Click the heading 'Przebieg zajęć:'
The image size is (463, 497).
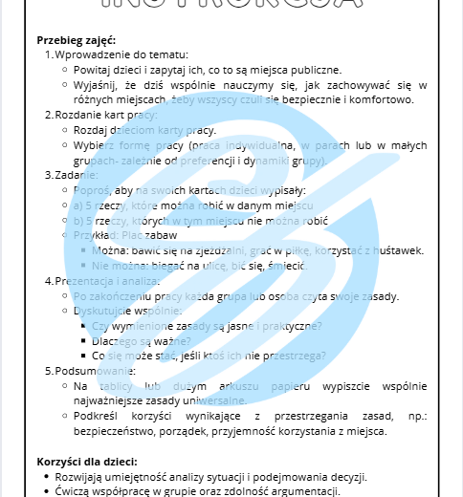point(76,40)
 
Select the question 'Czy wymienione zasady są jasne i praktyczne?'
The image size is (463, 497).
point(207,326)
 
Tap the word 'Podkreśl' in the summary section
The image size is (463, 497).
point(98,416)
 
